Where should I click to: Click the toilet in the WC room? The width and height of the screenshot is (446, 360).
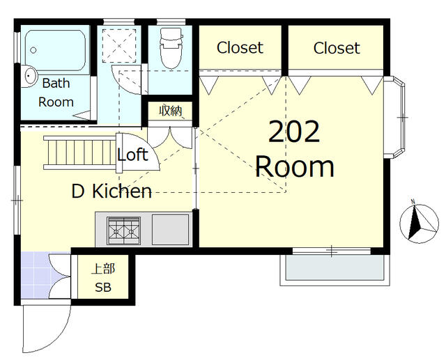point(171,48)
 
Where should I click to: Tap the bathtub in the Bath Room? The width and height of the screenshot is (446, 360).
point(55,51)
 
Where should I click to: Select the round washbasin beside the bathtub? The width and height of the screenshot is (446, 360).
point(29,76)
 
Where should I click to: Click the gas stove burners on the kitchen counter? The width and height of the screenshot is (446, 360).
point(124,230)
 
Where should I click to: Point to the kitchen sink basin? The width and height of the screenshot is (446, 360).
point(170,230)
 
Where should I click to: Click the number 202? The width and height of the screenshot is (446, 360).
point(294,132)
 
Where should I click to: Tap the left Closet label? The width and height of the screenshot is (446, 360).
point(240,47)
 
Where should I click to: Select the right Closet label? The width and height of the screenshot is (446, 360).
point(337,48)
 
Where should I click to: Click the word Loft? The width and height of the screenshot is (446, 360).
point(132,155)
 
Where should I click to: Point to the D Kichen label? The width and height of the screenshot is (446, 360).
point(111,191)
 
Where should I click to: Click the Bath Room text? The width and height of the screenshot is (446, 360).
point(56,93)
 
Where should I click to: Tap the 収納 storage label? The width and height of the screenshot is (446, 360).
point(170,111)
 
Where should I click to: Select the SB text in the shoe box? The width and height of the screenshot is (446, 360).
point(103,288)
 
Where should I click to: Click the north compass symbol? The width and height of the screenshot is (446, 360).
point(419,222)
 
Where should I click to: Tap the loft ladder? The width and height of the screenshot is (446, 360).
point(80,152)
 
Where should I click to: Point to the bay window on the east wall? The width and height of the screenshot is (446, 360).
point(394,117)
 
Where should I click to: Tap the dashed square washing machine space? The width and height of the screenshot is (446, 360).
point(119,45)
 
